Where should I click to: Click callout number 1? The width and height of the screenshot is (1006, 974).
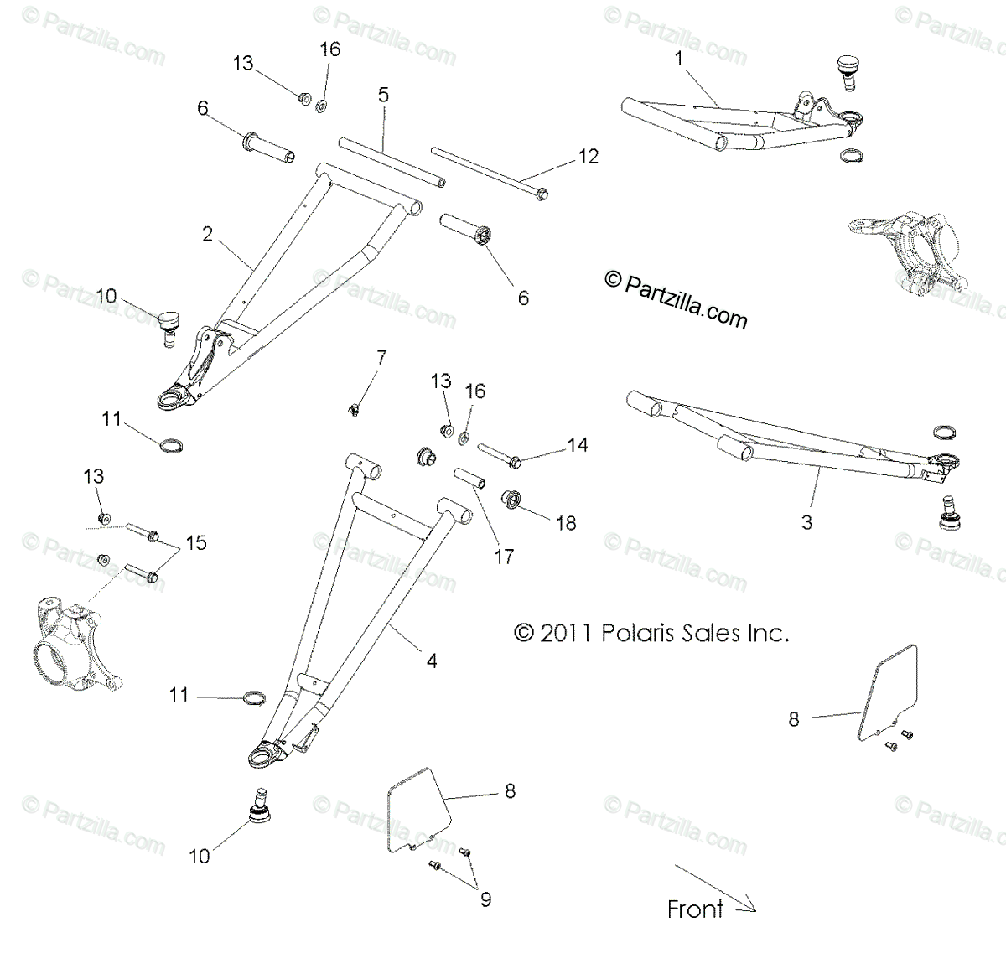click(678, 60)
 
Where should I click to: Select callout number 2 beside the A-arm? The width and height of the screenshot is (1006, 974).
click(208, 235)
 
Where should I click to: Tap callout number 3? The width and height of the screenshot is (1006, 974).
click(806, 522)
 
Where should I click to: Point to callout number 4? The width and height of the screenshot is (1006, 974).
click(432, 661)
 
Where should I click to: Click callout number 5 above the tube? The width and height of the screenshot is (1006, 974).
click(383, 95)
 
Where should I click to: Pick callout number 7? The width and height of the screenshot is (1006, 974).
click(381, 359)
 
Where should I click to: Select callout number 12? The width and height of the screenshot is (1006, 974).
click(589, 157)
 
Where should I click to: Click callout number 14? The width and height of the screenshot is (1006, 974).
click(578, 445)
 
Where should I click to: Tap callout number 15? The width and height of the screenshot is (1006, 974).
click(196, 543)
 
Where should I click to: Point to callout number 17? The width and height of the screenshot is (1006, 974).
click(504, 556)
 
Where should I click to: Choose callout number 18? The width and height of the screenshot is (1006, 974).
click(567, 523)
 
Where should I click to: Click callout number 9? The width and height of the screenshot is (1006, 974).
click(485, 899)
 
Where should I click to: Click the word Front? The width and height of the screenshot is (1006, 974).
click(695, 909)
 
